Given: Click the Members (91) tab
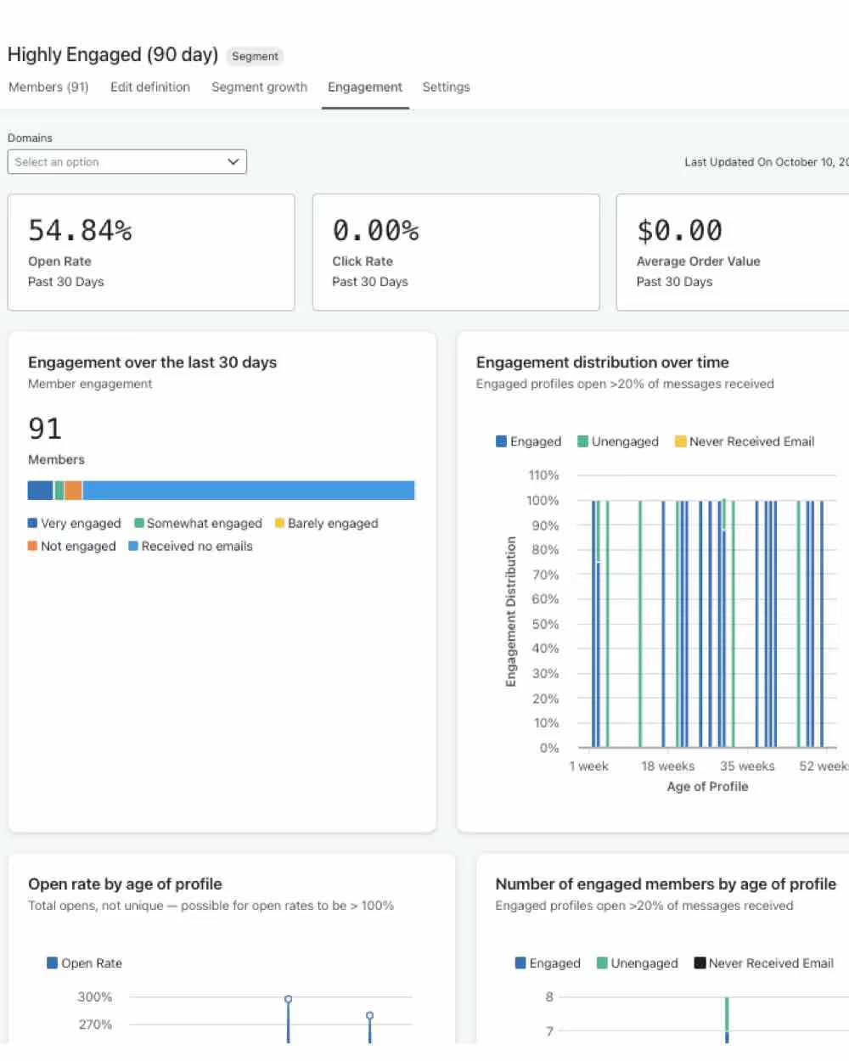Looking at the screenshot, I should click(48, 87).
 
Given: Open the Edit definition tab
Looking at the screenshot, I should click(149, 87).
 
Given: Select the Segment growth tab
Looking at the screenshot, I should click(259, 87).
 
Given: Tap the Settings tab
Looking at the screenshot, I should click(446, 87).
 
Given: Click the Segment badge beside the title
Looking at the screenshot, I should click(255, 56).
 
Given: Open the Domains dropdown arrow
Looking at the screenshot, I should click(233, 162).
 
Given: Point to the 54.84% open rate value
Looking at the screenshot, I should click(80, 230).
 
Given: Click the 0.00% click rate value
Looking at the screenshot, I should click(375, 230).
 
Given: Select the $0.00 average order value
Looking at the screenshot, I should click(679, 230).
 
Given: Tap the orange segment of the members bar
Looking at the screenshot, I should click(73, 491).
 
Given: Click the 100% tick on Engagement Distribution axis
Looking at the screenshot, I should click(543, 501).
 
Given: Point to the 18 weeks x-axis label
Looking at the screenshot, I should click(667, 766).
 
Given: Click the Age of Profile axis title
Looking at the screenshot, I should click(707, 787).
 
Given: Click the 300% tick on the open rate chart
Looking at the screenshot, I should click(95, 997).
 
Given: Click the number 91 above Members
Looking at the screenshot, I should click(45, 429).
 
